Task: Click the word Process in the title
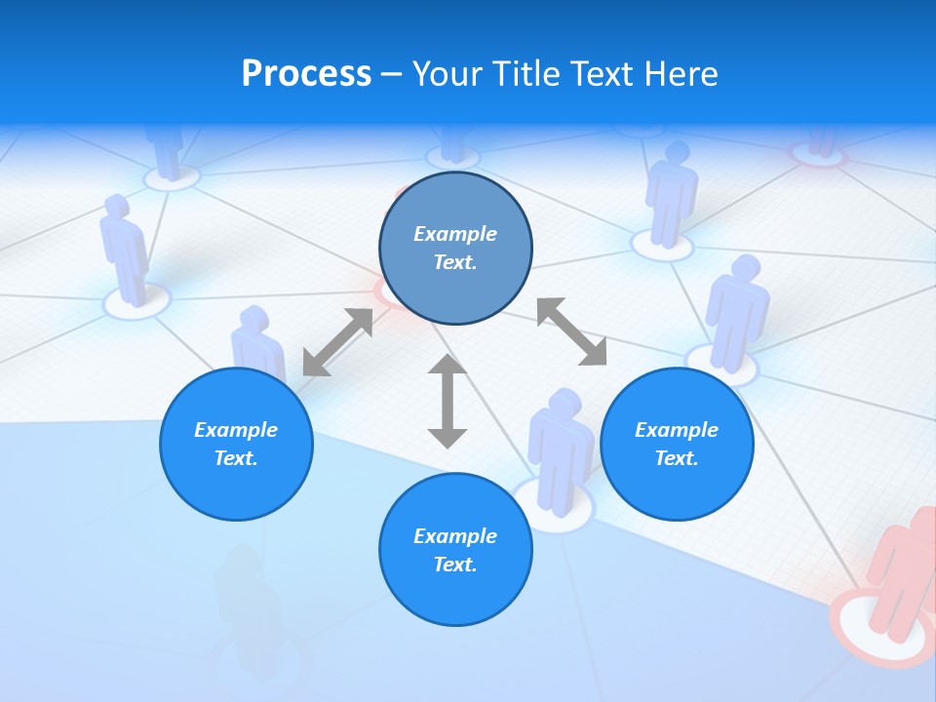(306, 74)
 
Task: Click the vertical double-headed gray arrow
(448, 402)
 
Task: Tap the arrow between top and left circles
(337, 341)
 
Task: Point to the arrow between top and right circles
(571, 332)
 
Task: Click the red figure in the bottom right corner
(902, 575)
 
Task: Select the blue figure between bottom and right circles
(560, 444)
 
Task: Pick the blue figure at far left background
(124, 249)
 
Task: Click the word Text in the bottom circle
(455, 565)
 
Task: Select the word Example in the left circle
(236, 430)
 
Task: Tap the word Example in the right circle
(677, 430)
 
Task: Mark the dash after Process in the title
(391, 74)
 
